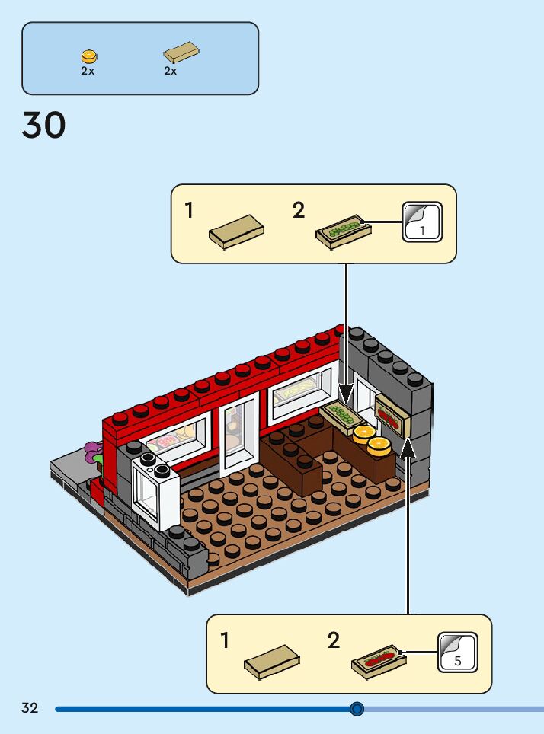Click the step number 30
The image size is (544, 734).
44,126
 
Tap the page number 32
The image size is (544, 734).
30,708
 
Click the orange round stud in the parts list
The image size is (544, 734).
89,56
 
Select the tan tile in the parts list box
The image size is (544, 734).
181,53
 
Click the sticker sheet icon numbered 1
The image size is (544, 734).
421,222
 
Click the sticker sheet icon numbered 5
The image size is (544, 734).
457,652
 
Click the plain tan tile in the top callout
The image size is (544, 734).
236,230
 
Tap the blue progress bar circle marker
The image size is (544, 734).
357,709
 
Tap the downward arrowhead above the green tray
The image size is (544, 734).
347,395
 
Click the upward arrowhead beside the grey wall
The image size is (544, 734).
408,446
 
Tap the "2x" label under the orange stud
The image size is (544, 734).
88,71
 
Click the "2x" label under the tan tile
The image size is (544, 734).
170,71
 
